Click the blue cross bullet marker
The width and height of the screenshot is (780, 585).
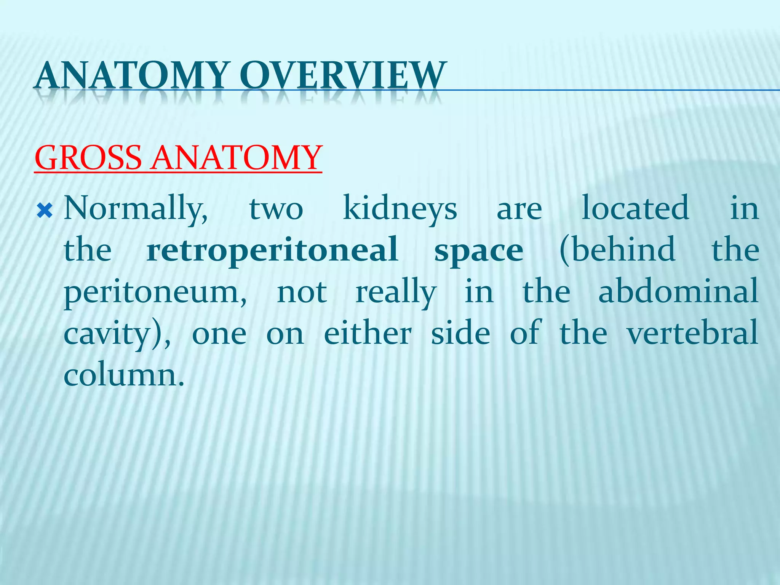tap(45, 210)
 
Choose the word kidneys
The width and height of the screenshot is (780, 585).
tap(400, 209)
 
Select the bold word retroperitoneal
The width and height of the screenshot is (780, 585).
tap(273, 251)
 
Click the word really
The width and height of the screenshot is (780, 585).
tap(396, 292)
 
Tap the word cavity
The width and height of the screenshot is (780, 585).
tap(107, 334)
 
